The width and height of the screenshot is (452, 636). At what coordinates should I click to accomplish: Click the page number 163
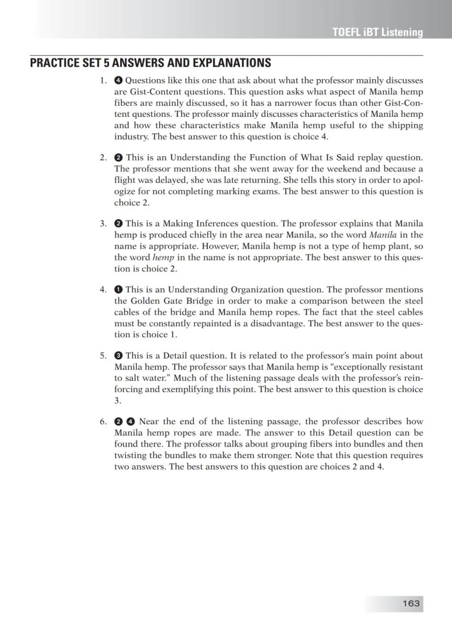[x=411, y=603]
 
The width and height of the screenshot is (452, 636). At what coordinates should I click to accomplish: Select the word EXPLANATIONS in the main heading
[x=226, y=63]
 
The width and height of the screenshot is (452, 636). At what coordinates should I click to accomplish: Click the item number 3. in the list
[x=103, y=223]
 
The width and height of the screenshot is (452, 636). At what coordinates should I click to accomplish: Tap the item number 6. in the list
[x=103, y=421]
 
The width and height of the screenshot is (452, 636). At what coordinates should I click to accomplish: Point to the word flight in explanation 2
[x=124, y=180]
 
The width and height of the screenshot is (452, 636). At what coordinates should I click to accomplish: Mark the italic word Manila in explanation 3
[x=382, y=235]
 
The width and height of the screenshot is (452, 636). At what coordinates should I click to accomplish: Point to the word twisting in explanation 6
[x=132, y=455]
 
